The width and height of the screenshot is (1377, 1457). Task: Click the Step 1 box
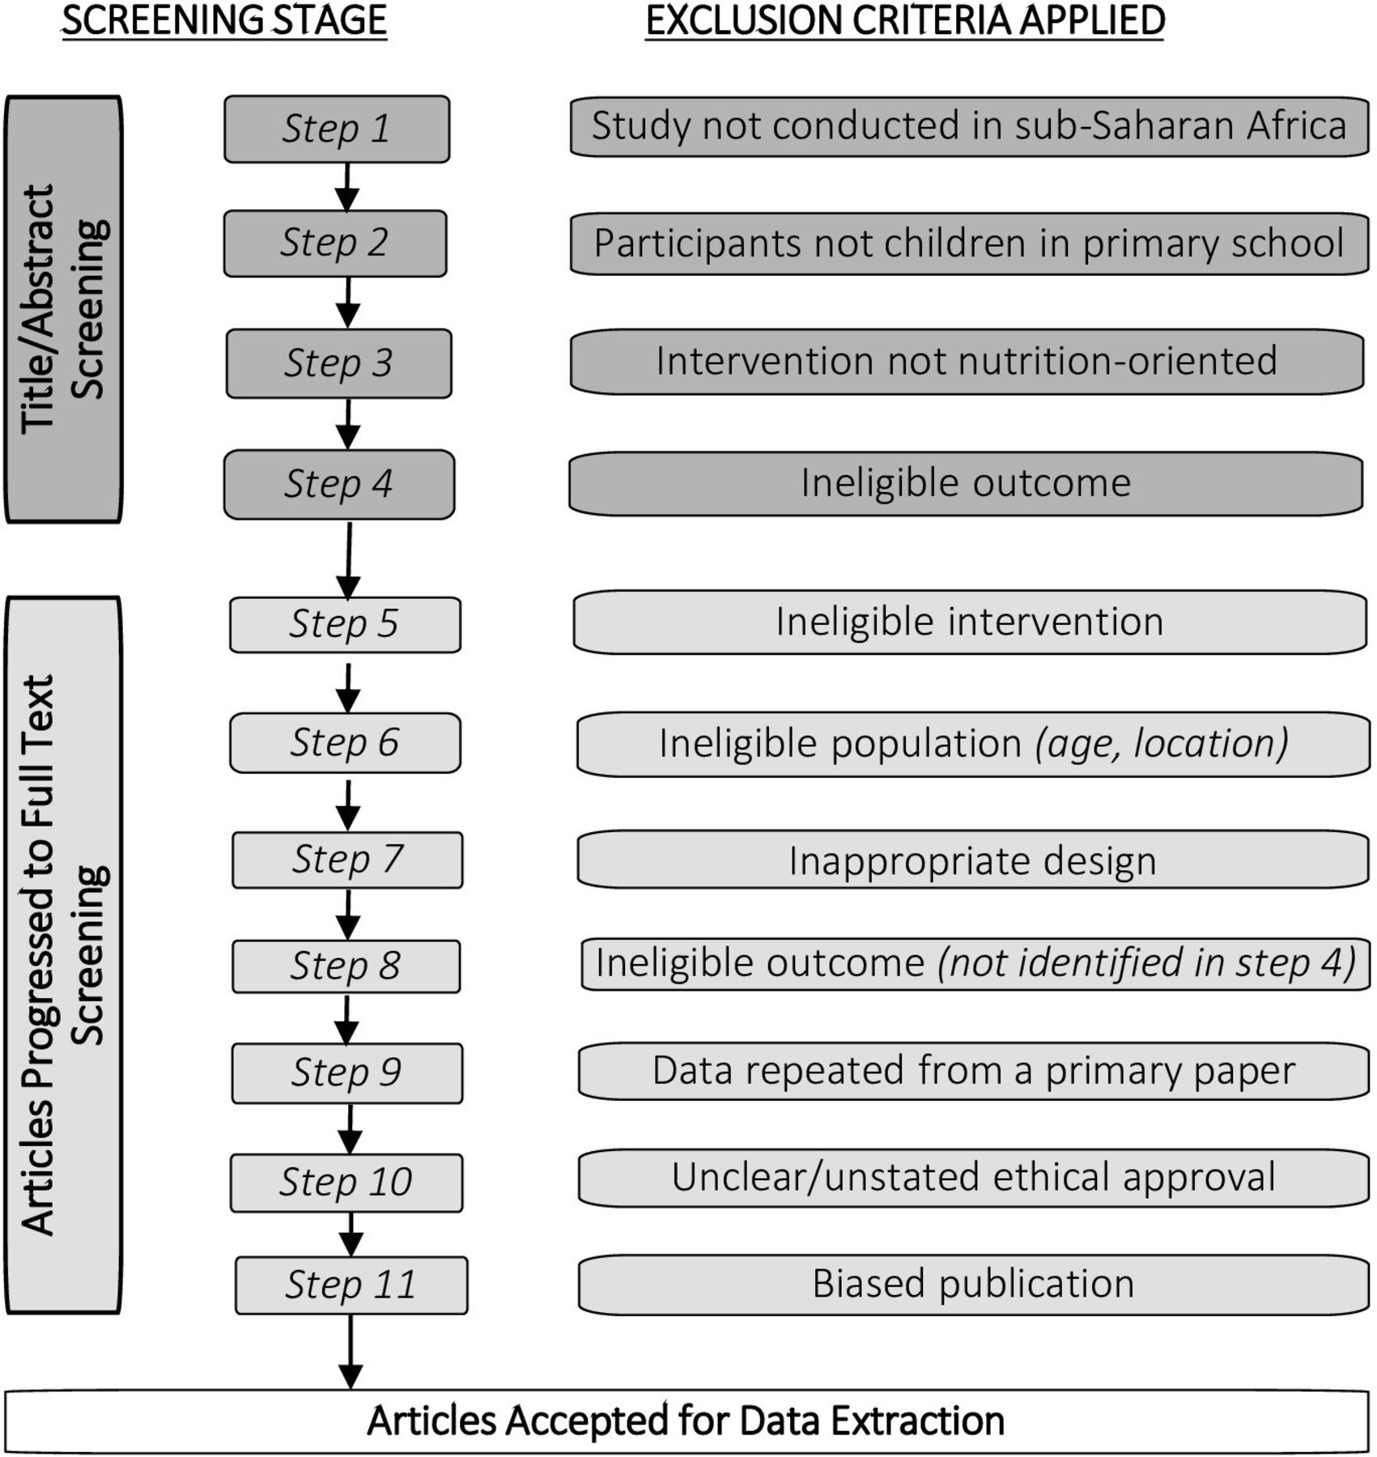pyautogui.click(x=337, y=130)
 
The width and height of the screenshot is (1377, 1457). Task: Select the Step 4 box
pyautogui.click(x=339, y=484)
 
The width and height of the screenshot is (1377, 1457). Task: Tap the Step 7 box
pyautogui.click(x=347, y=860)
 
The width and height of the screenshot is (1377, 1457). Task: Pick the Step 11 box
pyautogui.click(x=351, y=1285)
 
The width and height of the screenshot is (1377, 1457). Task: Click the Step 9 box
pyautogui.click(x=347, y=1073)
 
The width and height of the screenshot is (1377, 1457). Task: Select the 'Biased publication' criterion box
pyautogui.click(x=973, y=1284)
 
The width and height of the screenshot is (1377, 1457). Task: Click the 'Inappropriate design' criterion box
pyautogui.click(x=973, y=860)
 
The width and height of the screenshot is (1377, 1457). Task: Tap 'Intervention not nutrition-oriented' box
pyautogui.click(x=967, y=361)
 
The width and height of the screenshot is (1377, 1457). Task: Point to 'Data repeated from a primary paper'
pyautogui.click(x=973, y=1070)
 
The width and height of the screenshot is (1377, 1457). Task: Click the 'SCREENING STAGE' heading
pyautogui.click(x=224, y=20)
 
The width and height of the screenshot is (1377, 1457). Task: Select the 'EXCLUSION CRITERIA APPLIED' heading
pyautogui.click(x=905, y=20)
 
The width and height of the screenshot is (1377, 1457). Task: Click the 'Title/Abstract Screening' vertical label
pyautogui.click(x=64, y=309)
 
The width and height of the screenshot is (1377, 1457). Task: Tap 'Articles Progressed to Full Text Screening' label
pyautogui.click(x=64, y=955)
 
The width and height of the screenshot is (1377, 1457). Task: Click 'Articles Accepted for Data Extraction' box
pyautogui.click(x=686, y=1421)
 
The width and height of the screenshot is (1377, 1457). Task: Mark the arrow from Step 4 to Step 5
pyautogui.click(x=349, y=559)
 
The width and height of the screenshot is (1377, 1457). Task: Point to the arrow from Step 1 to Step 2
pyautogui.click(x=347, y=188)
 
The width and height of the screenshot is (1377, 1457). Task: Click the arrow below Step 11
pyautogui.click(x=351, y=1352)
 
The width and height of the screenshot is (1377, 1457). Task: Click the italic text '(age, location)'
pyautogui.click(x=1162, y=743)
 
